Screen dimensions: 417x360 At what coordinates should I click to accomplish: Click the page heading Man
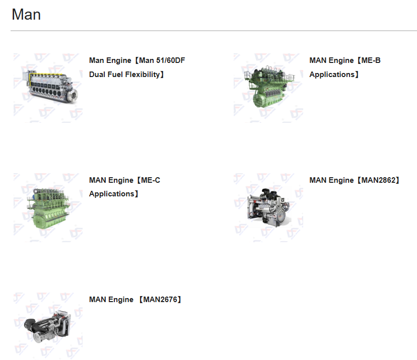pos(26,15)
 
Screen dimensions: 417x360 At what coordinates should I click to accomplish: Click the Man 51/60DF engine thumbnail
pos(48,88)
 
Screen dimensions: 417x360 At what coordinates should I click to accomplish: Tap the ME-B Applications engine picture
pos(268,88)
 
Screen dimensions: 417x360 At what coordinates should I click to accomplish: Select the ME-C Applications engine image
pos(48,207)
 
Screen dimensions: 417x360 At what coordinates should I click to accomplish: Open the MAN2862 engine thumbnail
pos(268,207)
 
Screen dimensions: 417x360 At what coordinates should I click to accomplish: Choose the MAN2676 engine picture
pos(48,326)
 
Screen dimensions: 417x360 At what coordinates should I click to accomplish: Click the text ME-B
pos(371,60)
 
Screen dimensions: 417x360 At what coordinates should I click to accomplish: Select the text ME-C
pos(151,180)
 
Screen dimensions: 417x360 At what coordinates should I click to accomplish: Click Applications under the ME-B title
pos(332,75)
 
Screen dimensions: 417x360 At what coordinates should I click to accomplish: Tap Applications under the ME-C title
pos(112,194)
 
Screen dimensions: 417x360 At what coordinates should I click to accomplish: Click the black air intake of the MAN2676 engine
pos(30,324)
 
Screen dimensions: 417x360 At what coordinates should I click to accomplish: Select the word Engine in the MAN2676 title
pos(120,300)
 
